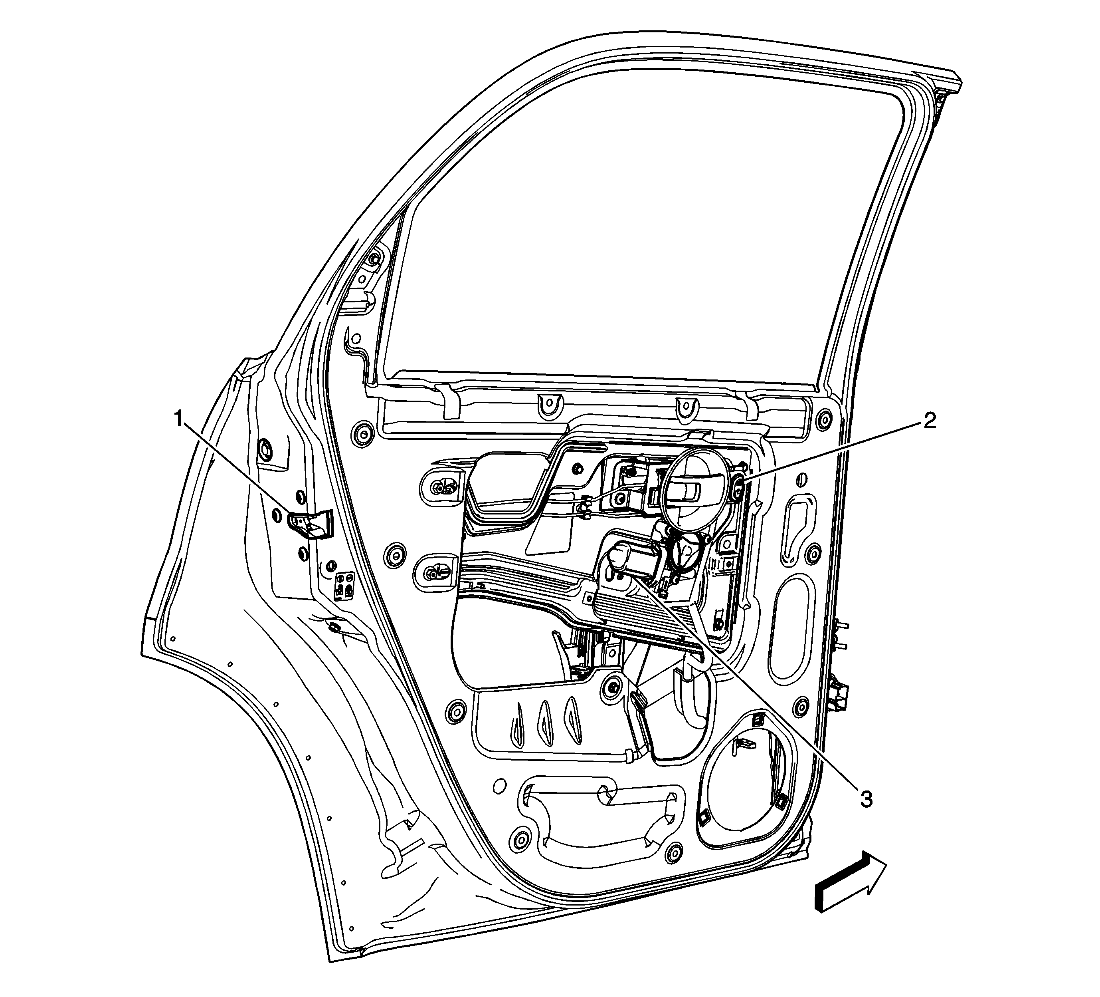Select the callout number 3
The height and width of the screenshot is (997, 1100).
coord(866,799)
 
